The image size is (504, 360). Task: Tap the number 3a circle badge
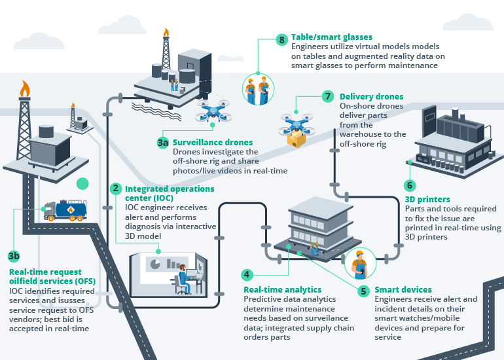[163, 142]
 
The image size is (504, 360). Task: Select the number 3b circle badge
[14, 256]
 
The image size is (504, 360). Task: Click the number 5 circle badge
[363, 289]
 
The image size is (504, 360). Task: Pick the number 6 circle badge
[410, 185]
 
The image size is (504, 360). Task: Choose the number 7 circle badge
[329, 96]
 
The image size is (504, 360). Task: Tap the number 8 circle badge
[281, 40]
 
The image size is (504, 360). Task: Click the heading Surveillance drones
[213, 142]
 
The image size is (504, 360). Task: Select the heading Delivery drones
[371, 96]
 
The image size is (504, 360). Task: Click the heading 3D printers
[427, 200]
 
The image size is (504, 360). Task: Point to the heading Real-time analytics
[282, 289]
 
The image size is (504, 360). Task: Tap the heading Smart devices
[403, 289]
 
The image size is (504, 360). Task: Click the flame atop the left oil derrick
[25, 88]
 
